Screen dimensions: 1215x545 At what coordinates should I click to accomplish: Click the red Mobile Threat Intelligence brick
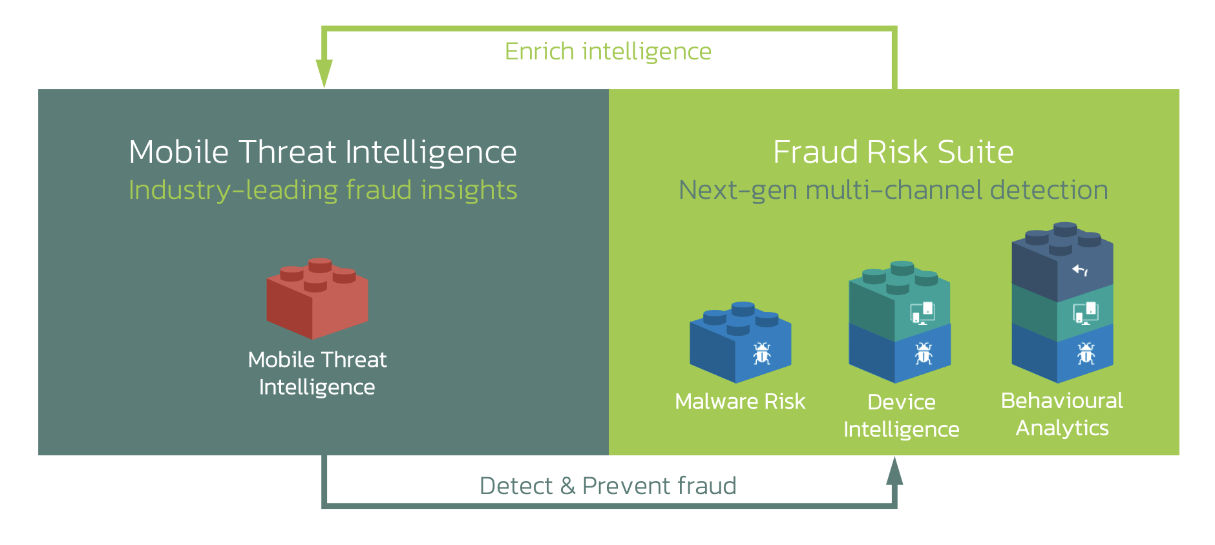click(x=317, y=299)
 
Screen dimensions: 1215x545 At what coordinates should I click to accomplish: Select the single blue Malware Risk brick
click(x=741, y=342)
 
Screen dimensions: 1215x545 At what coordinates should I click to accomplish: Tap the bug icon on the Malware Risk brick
click(x=762, y=353)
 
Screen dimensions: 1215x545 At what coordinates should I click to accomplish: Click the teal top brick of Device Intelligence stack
click(x=900, y=300)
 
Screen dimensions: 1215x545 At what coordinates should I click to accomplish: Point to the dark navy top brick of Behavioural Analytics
click(x=1062, y=262)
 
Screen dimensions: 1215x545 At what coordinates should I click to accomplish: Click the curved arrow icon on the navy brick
click(x=1081, y=270)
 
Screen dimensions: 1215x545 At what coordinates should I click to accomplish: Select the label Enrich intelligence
click(x=608, y=51)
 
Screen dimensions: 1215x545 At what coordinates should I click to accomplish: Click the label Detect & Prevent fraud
click(x=608, y=486)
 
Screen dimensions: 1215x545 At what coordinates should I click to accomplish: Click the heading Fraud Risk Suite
click(x=893, y=152)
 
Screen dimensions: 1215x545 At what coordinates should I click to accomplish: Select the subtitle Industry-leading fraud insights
click(x=323, y=190)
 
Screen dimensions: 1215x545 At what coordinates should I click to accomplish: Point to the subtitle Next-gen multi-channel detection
click(x=893, y=190)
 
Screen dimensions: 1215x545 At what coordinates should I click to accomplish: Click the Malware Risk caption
click(x=740, y=401)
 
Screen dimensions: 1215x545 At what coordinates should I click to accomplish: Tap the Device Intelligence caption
click(x=902, y=415)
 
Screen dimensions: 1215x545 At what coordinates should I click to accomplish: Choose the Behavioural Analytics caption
click(x=1062, y=414)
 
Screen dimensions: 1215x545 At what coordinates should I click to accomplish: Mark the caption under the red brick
click(x=317, y=373)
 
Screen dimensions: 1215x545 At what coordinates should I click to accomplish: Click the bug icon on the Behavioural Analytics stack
click(x=1086, y=353)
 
